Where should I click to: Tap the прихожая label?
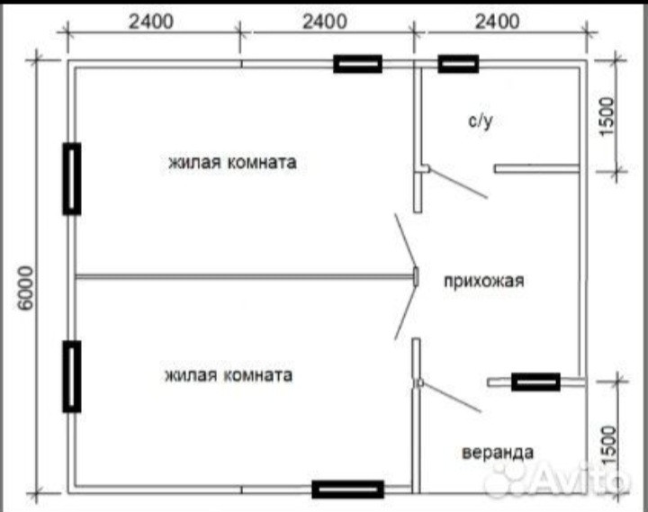pyautogui.click(x=482, y=280)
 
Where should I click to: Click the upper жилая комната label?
pyautogui.click(x=230, y=163)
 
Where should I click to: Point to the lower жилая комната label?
pyautogui.click(x=228, y=374)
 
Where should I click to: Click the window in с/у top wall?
pyautogui.click(x=458, y=64)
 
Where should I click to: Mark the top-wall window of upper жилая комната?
pyautogui.click(x=358, y=64)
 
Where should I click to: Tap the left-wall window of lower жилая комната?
pyautogui.click(x=72, y=376)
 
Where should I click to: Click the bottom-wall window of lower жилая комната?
pyautogui.click(x=348, y=490)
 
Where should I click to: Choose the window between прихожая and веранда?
pyautogui.click(x=535, y=382)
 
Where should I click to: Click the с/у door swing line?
pyautogui.click(x=459, y=183)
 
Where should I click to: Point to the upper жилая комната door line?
pyautogui.click(x=406, y=243)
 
